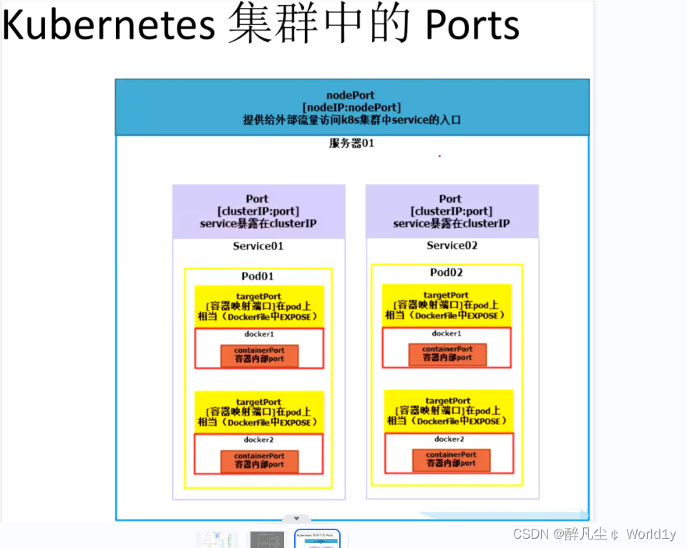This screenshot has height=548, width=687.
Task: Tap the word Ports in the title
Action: pyautogui.click(x=472, y=25)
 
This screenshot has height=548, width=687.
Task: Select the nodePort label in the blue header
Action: pyautogui.click(x=350, y=95)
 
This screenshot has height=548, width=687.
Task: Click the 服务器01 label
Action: pyautogui.click(x=351, y=143)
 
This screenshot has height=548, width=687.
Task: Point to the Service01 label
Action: pyautogui.click(x=258, y=246)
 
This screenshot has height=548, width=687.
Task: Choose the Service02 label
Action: pyautogui.click(x=452, y=245)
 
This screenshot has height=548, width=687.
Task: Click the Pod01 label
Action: pyautogui.click(x=258, y=276)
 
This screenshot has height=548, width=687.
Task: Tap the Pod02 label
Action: pyautogui.click(x=447, y=273)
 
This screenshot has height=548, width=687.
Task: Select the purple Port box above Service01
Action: pyautogui.click(x=258, y=211)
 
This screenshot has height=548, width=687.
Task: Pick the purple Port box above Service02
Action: pyautogui.click(x=452, y=211)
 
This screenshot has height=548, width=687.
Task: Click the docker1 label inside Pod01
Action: pyautogui.click(x=258, y=334)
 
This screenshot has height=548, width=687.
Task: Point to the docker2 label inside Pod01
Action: pyautogui.click(x=258, y=440)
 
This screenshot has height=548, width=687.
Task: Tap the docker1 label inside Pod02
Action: pyautogui.click(x=447, y=333)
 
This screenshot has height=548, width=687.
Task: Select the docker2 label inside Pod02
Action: pyautogui.click(x=449, y=439)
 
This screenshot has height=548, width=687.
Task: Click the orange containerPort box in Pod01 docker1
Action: pyautogui.click(x=259, y=355)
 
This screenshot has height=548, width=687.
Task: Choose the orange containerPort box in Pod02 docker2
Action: pyautogui.click(x=451, y=459)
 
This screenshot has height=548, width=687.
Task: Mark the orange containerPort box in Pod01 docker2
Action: pyautogui.click(x=259, y=461)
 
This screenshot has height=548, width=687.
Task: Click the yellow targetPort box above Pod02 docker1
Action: pyautogui.click(x=447, y=305)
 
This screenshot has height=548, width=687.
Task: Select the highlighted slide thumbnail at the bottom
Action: pyautogui.click(x=317, y=539)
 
